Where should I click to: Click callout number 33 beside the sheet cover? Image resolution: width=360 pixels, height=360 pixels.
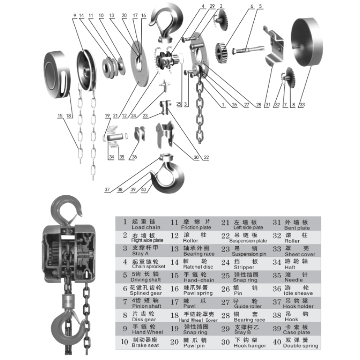302,105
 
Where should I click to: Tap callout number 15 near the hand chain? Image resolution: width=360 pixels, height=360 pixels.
60,116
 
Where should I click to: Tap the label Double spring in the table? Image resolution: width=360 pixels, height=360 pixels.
300,346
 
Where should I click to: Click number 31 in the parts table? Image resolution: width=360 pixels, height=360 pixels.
276,223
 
